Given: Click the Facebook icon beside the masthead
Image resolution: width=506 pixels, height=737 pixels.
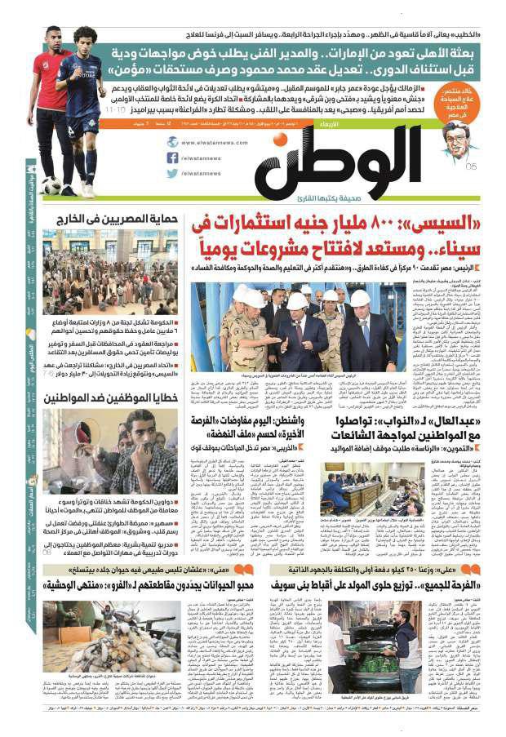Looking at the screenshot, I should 172,158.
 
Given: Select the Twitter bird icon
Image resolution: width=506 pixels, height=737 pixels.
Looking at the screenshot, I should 172,173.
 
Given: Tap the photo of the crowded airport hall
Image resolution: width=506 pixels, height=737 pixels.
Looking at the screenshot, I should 110,270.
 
